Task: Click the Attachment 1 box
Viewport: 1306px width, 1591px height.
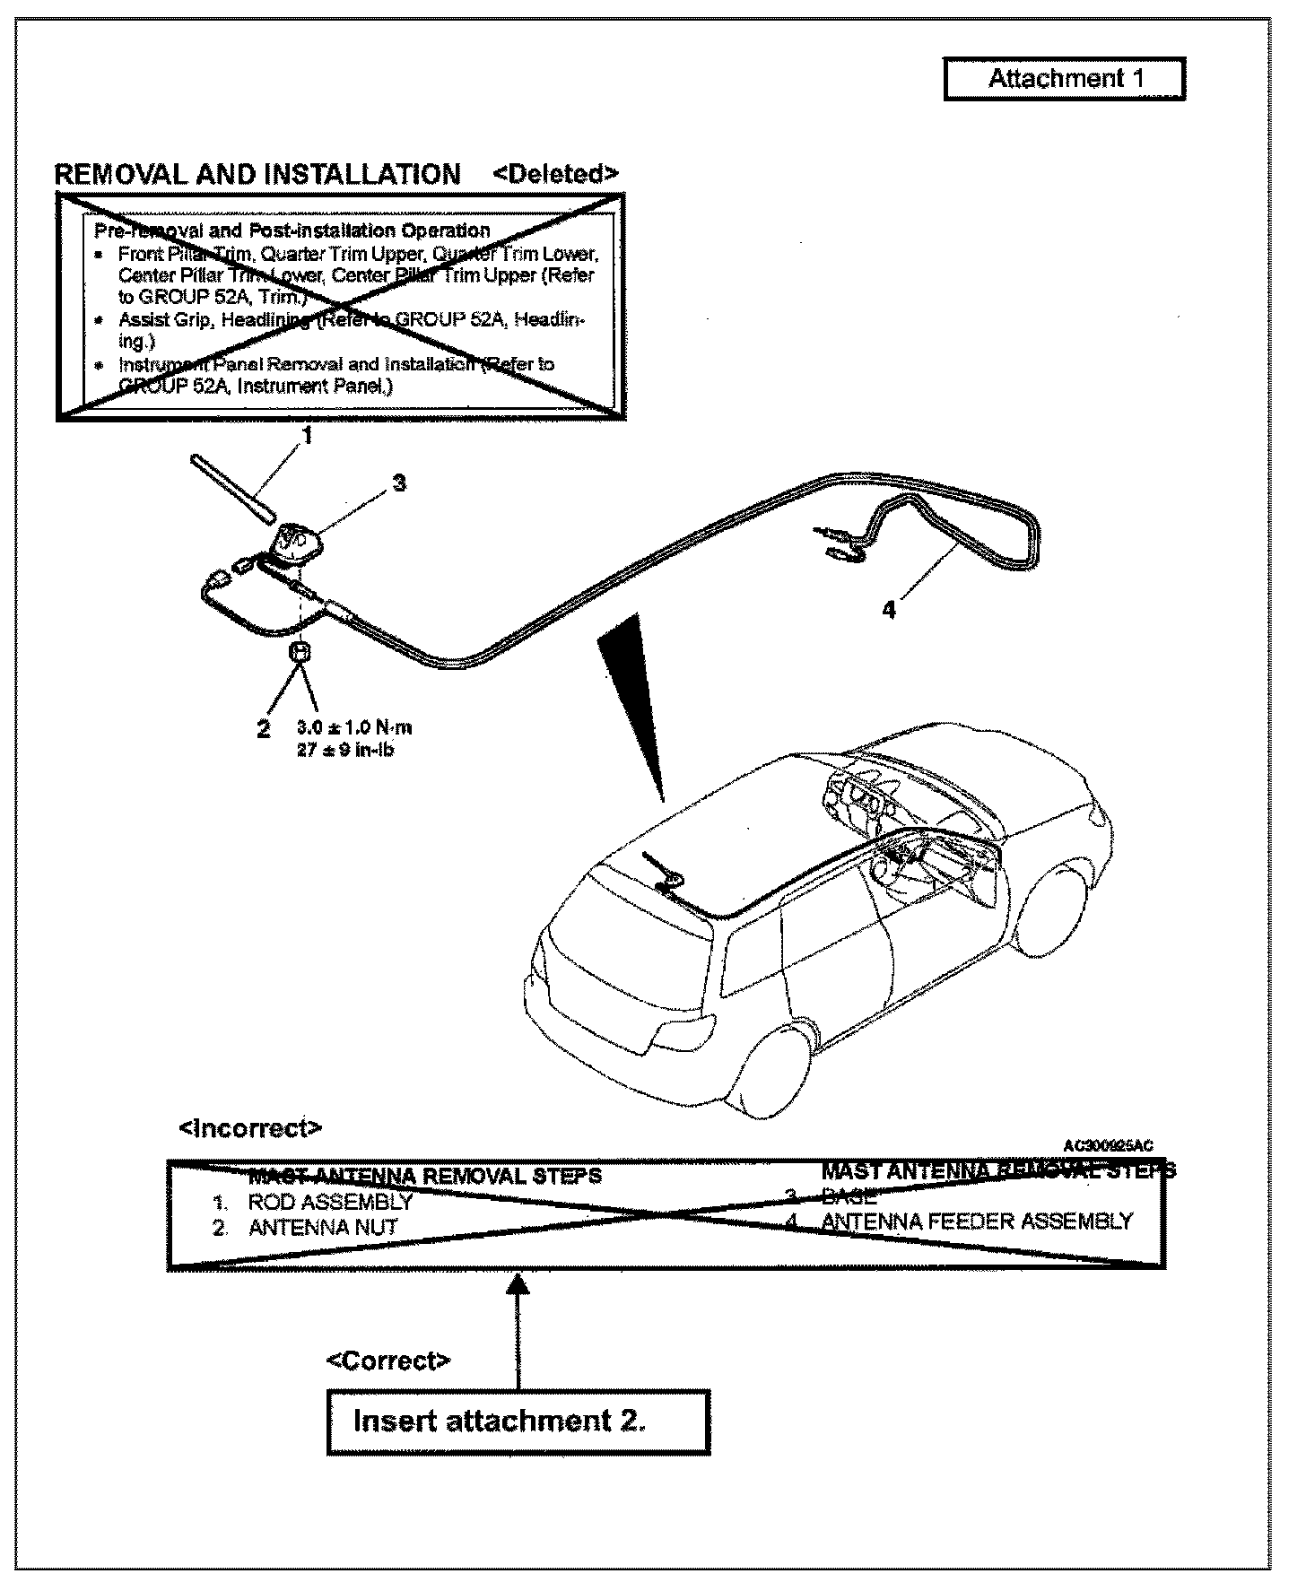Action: (x=1064, y=79)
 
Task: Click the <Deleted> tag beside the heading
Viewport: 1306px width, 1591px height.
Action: (x=555, y=173)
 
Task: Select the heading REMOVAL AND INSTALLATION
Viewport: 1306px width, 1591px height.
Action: (x=258, y=174)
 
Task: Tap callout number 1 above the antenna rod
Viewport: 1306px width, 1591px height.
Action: (x=307, y=437)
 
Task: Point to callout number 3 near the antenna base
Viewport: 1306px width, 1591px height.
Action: (x=399, y=483)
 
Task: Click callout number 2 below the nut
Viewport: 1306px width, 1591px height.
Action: (x=263, y=729)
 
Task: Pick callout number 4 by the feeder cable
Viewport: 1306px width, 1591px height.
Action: (x=888, y=611)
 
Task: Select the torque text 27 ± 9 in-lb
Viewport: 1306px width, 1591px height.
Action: (x=345, y=750)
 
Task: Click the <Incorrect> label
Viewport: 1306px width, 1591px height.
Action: (x=250, y=1127)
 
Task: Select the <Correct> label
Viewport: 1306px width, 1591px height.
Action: (x=387, y=1361)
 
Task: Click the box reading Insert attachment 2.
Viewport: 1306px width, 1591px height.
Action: (x=518, y=1421)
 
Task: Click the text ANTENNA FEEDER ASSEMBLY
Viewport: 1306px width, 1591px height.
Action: (x=977, y=1221)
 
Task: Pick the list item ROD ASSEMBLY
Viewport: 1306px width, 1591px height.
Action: (x=330, y=1202)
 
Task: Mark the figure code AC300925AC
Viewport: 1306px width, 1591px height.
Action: (x=1108, y=1145)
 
